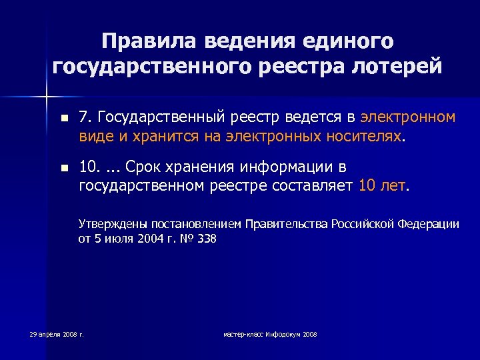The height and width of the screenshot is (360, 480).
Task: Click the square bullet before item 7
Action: pyautogui.click(x=63, y=119)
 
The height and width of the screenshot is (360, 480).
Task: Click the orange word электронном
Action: pyautogui.click(x=408, y=118)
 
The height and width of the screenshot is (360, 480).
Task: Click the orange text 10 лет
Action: pyautogui.click(x=382, y=186)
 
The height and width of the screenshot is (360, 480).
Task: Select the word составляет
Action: pyautogui.click(x=313, y=186)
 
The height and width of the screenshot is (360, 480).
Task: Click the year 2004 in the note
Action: pyautogui.click(x=150, y=239)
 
